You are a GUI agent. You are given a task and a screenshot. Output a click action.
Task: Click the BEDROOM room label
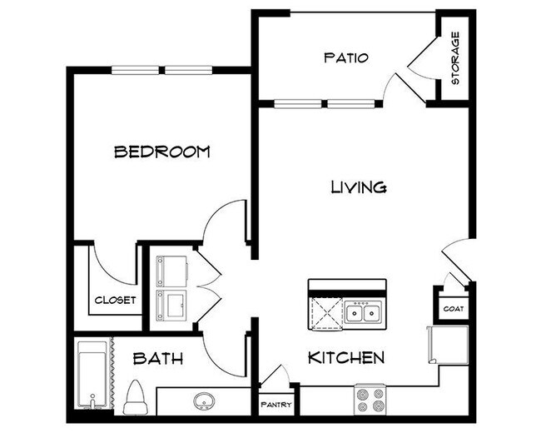[161, 152]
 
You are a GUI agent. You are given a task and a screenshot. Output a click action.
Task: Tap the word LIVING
[358, 187]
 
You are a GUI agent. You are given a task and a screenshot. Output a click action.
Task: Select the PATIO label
[345, 57]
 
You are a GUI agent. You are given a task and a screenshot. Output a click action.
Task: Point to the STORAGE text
[455, 58]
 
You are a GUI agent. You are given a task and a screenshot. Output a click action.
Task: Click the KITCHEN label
[346, 358]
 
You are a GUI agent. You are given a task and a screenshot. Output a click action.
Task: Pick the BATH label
[158, 359]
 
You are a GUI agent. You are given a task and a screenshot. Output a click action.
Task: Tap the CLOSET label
[116, 300]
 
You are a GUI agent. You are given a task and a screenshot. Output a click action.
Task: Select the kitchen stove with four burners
[370, 400]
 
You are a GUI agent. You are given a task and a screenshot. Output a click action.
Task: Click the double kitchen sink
[363, 314]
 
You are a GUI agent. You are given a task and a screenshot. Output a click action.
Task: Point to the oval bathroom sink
[205, 401]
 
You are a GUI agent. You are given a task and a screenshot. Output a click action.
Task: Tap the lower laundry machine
[171, 305]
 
